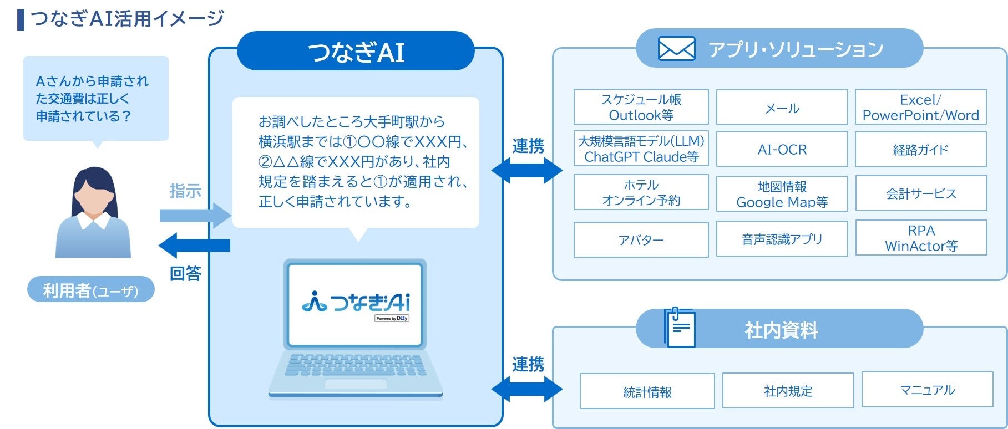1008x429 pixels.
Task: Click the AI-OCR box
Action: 782,149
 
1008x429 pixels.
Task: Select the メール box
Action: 782,108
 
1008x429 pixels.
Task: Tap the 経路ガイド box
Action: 920,149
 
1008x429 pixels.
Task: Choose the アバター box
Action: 641,239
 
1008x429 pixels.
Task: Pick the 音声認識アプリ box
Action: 782,239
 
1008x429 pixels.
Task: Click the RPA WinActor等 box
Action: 921,238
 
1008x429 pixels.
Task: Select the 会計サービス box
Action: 921,193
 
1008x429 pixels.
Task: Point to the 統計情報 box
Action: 647,391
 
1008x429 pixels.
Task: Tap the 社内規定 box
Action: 788,391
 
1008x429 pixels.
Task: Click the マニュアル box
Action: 927,390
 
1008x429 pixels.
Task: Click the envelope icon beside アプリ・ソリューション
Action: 676,49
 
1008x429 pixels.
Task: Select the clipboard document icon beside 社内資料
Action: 680,328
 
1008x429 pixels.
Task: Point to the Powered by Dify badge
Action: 392,318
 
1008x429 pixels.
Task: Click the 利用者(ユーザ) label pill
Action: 91,290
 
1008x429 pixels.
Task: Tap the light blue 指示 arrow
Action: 195,215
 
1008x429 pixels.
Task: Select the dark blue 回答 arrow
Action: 195,245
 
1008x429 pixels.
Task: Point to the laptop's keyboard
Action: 355,365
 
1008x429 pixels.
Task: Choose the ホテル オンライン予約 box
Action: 641,192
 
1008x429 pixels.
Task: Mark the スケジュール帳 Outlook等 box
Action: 641,107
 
